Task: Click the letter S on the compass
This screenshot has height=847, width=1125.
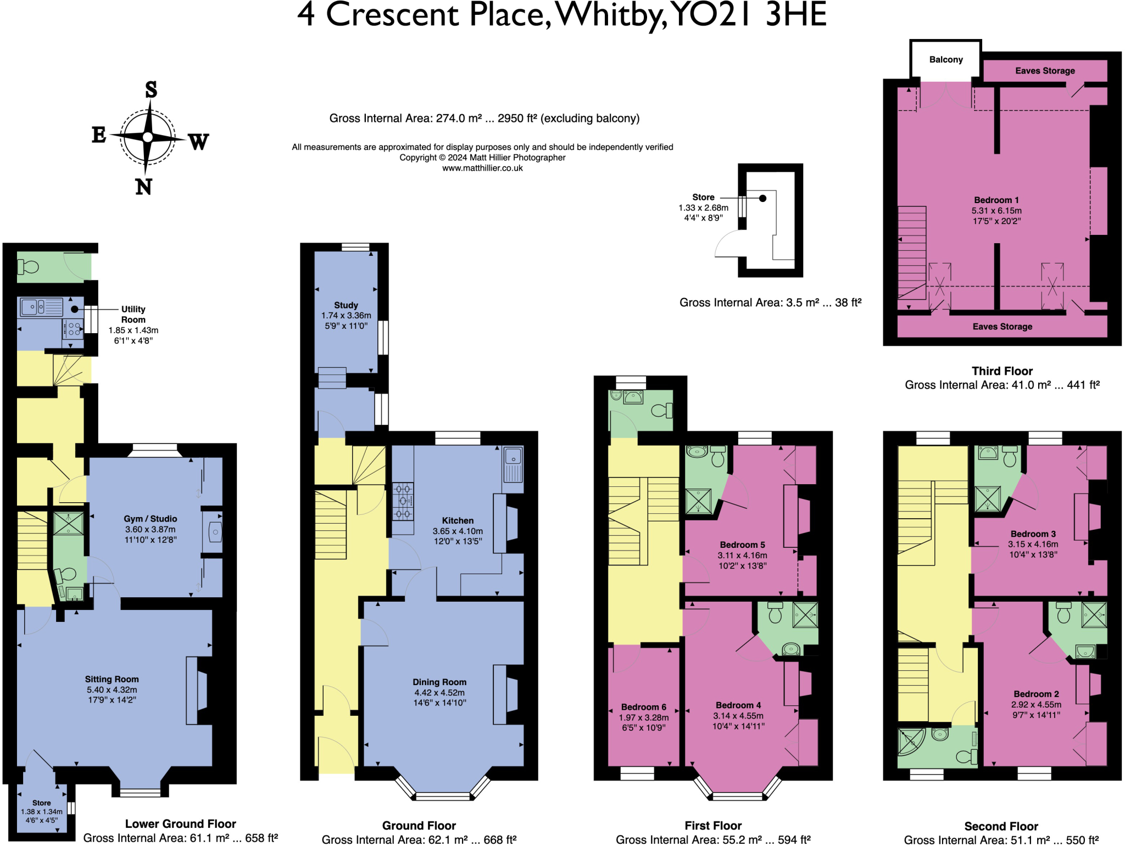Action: (151, 89)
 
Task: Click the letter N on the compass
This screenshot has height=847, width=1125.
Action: (143, 187)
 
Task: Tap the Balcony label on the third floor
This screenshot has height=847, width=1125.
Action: (945, 59)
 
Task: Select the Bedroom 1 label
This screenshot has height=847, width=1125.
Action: (996, 200)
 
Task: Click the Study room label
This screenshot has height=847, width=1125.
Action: (346, 305)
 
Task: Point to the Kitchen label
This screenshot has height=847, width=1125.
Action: (458, 520)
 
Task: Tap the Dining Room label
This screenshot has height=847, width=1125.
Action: (439, 682)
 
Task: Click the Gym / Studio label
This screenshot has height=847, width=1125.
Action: (150, 519)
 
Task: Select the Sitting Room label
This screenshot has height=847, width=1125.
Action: (112, 679)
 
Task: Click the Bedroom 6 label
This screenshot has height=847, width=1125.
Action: (643, 707)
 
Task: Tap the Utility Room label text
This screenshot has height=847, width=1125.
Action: (133, 314)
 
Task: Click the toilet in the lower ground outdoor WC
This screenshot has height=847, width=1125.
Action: (29, 267)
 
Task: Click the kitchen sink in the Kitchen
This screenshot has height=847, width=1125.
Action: (513, 457)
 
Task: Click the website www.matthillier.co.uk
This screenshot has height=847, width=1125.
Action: (482, 168)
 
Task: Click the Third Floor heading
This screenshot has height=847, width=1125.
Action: (1002, 371)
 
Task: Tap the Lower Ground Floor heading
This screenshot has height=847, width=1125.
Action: (180, 823)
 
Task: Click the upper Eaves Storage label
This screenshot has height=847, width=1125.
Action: (1045, 71)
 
